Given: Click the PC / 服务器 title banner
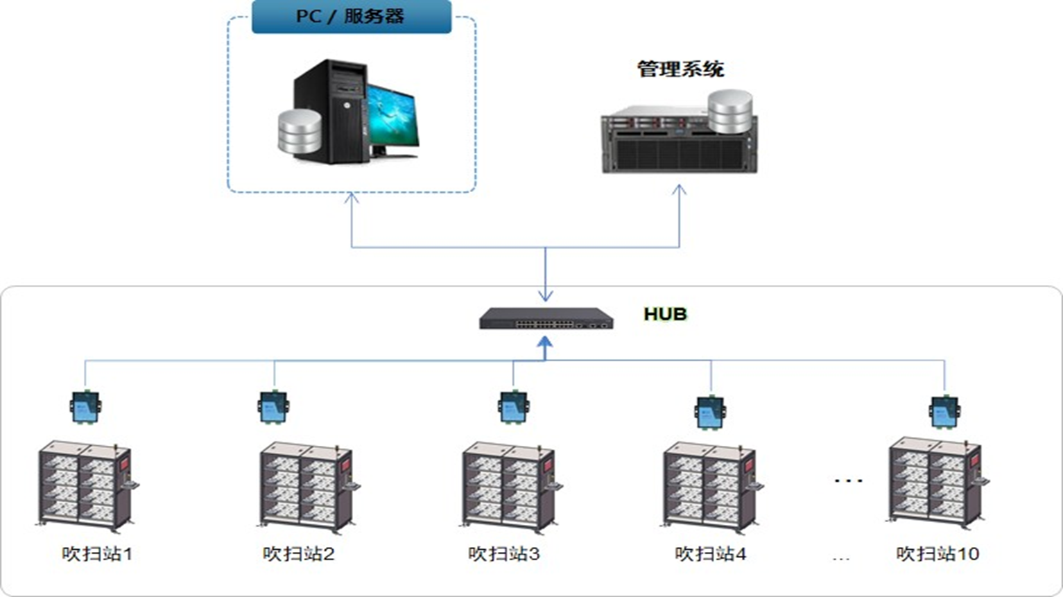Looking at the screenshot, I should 351,17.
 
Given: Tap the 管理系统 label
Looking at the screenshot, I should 680,69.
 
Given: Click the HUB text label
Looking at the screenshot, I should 665,314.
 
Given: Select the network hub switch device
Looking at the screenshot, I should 546,319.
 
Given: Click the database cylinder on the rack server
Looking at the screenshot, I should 730,111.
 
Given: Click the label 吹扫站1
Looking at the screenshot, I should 96,554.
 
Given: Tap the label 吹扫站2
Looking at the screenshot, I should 298,554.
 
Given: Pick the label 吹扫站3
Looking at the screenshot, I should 503,554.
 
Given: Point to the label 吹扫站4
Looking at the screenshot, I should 710,554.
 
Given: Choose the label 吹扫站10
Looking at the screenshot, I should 937,554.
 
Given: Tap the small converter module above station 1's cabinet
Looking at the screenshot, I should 85,407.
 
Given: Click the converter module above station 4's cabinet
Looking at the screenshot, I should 710,412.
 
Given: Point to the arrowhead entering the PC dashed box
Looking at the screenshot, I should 352,198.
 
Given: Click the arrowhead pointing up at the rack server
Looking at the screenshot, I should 680,189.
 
